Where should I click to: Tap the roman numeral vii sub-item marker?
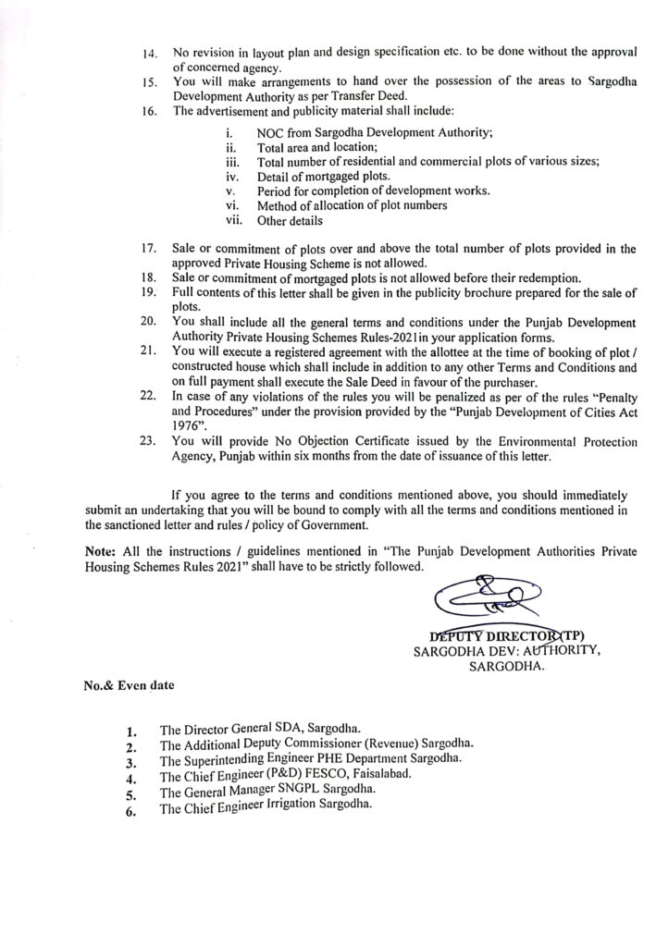tap(235, 220)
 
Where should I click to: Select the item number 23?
tap(147, 442)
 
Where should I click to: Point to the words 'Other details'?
tap(291, 221)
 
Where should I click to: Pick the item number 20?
tap(147, 321)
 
